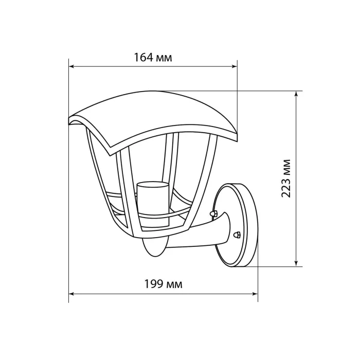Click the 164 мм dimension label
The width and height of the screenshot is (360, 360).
[x=153, y=58]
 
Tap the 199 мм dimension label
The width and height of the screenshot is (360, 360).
[x=163, y=284]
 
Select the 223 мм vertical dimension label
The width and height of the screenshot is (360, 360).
[x=286, y=178]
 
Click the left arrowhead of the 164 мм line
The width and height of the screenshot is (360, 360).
[x=71, y=66]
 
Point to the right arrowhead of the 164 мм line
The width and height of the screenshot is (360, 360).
[x=235, y=66]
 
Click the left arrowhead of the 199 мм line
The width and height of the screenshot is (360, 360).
[x=71, y=294]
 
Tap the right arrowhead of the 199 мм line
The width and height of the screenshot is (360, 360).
[x=255, y=294]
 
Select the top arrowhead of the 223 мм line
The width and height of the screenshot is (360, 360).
[x=296, y=94]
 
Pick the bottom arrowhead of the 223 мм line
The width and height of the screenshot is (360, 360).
[x=296, y=264]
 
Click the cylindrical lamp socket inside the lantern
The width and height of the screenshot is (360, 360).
[x=152, y=203]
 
